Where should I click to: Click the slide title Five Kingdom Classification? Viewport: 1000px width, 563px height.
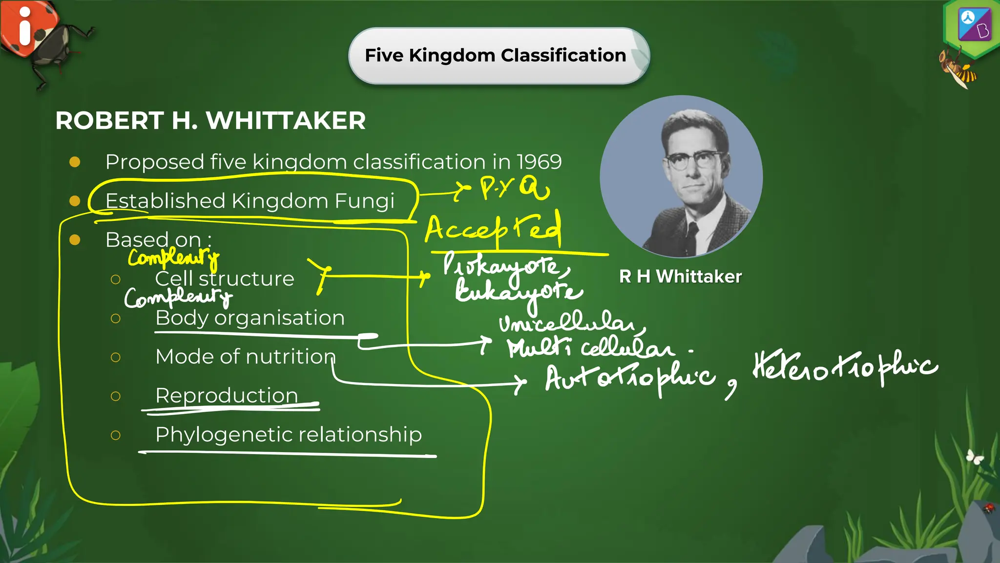[x=495, y=55]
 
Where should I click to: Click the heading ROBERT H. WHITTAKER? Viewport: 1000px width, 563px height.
[x=210, y=121]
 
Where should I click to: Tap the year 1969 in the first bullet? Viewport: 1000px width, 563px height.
[x=539, y=162]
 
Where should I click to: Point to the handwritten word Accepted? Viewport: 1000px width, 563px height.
[x=493, y=229]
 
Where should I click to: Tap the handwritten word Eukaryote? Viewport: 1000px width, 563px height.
[x=518, y=292]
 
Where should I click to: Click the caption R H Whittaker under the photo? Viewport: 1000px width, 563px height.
[x=680, y=277]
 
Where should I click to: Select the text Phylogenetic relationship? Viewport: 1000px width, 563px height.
[x=288, y=434]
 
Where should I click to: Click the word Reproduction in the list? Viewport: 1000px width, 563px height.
[x=227, y=395]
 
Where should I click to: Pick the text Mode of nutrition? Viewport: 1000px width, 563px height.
[x=245, y=357]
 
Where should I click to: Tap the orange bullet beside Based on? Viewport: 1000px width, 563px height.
[x=75, y=239]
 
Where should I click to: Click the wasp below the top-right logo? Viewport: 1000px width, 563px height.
[x=957, y=68]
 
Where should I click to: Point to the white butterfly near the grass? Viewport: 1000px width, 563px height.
[x=975, y=457]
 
